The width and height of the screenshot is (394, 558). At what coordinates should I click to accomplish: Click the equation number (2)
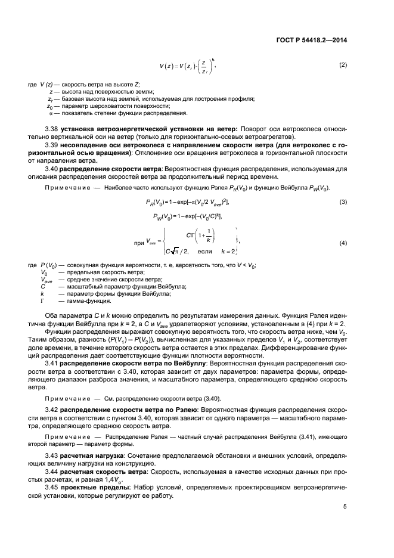point(343,64)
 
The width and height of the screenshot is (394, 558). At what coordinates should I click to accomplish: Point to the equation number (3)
point(343,203)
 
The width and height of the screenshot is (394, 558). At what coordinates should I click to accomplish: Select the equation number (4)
point(343,243)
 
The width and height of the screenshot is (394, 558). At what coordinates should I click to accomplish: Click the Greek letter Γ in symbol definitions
point(42,302)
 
